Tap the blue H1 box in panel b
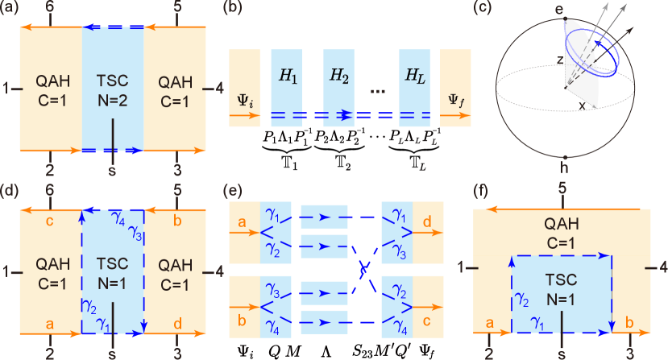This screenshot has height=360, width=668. click(287, 87)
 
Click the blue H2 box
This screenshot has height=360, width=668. click(338, 87)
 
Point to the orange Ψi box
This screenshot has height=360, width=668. click(244, 87)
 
